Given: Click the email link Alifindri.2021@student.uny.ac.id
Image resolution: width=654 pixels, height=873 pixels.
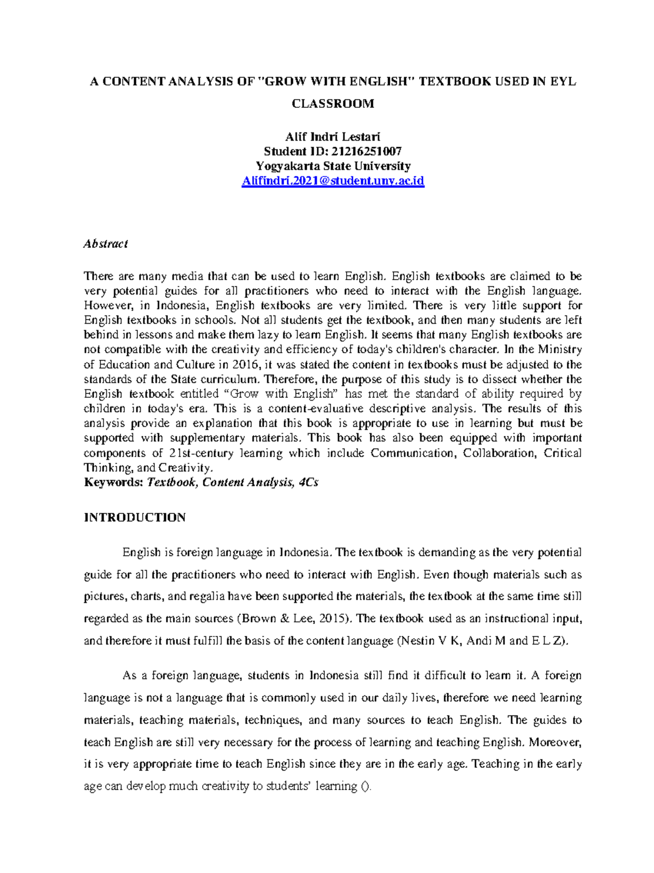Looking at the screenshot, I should point(332,181).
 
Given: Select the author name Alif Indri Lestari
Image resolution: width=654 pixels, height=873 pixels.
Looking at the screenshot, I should point(332,137).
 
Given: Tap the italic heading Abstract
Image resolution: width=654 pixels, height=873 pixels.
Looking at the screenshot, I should point(105,244).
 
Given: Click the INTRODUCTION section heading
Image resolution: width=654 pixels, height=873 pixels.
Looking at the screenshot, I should point(135,517).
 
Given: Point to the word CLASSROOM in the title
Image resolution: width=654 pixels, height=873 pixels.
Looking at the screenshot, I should point(332,104).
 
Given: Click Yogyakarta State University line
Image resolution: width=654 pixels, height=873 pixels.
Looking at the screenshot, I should point(332,166).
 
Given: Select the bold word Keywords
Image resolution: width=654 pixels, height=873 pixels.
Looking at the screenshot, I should point(113,482).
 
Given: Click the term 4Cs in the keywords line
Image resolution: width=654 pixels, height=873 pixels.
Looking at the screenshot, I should point(308,482).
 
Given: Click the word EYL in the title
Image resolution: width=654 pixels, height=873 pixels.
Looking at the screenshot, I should point(562,82).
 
